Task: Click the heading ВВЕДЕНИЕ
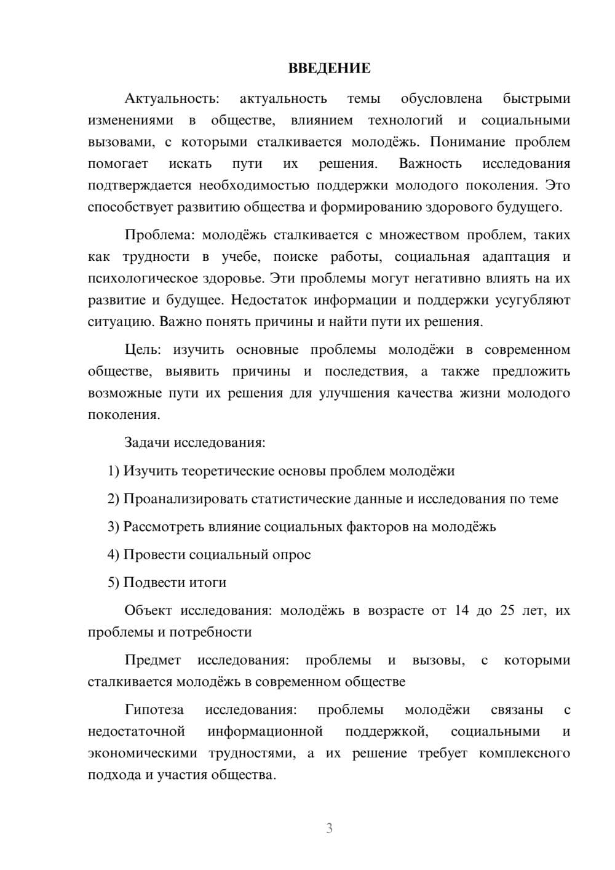pyautogui.click(x=329, y=68)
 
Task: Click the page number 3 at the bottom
pyautogui.click(x=329, y=828)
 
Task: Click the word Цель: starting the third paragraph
pyautogui.click(x=143, y=350)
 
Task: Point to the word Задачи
pyautogui.click(x=147, y=442)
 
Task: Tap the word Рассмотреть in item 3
pyautogui.click(x=164, y=527)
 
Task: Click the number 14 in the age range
pyautogui.click(x=462, y=610)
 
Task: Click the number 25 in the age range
pyautogui.click(x=507, y=610)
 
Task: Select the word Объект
pyautogui.click(x=148, y=610)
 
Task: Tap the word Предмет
pyautogui.click(x=153, y=660)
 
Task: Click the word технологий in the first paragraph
pyautogui.click(x=405, y=121)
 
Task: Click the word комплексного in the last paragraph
pyautogui.click(x=525, y=754)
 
